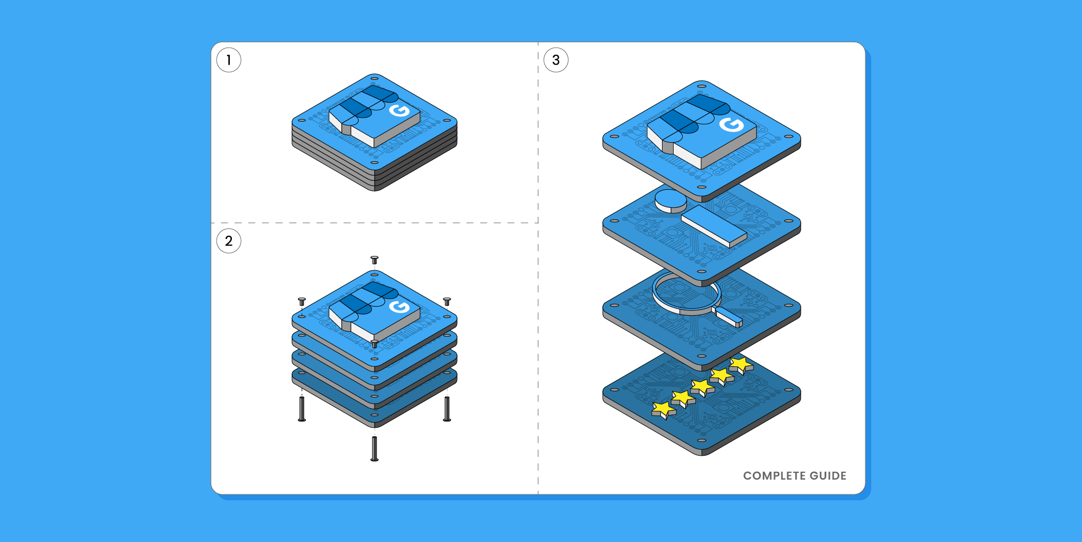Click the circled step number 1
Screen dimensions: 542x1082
pyautogui.click(x=229, y=60)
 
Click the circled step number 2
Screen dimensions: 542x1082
pyautogui.click(x=229, y=241)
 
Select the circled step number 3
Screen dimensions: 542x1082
pyautogui.click(x=556, y=60)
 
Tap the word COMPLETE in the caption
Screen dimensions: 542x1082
pyautogui.click(x=774, y=476)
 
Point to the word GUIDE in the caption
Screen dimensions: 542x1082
pyautogui.click(x=828, y=476)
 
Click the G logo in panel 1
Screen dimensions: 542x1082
pyautogui.click(x=399, y=111)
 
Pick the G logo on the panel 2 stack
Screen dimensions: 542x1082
pyautogui.click(x=399, y=307)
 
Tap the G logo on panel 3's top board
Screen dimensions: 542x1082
pyautogui.click(x=732, y=125)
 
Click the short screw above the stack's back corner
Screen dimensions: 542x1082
pyautogui.click(x=375, y=260)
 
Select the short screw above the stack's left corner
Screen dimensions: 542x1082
pyautogui.click(x=302, y=301)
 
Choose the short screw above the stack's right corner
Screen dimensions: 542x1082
pyautogui.click(x=447, y=301)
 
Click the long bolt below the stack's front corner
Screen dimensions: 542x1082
pyautogui.click(x=375, y=448)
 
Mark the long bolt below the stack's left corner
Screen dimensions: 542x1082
pyautogui.click(x=302, y=409)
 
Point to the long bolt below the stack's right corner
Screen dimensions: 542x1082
pyautogui.click(x=447, y=409)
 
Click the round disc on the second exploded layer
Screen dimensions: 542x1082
pyautogui.click(x=670, y=200)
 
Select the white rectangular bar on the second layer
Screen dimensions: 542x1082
pyautogui.click(x=713, y=225)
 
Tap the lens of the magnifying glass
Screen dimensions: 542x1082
pyautogui.click(x=686, y=291)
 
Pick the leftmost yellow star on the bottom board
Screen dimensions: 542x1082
pyautogui.click(x=663, y=409)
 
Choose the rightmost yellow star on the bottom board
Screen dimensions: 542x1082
pyautogui.click(x=741, y=363)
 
